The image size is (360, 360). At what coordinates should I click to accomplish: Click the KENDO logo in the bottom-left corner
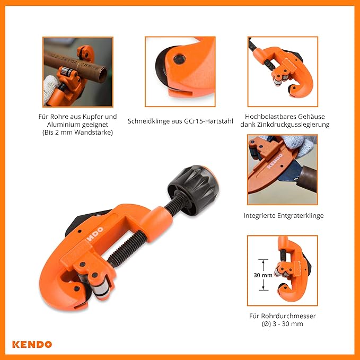(x=32, y=345)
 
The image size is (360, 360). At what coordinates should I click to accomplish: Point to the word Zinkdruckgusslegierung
(x=293, y=125)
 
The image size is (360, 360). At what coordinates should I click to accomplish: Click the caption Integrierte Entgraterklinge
(x=284, y=216)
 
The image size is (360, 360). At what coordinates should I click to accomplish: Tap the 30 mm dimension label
(x=263, y=275)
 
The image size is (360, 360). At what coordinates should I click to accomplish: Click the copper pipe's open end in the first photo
(x=102, y=74)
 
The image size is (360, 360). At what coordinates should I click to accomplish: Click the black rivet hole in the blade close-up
(x=180, y=59)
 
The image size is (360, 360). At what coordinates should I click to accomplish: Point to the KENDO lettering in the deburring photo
(x=275, y=161)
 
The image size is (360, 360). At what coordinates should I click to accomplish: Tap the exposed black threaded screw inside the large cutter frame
(x=127, y=249)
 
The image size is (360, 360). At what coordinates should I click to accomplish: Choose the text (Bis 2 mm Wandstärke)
(x=77, y=133)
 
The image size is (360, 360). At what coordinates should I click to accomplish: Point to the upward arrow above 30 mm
(x=263, y=266)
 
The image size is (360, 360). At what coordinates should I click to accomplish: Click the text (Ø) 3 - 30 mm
(x=283, y=324)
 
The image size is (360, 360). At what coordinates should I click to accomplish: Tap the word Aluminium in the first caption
(x=63, y=125)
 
